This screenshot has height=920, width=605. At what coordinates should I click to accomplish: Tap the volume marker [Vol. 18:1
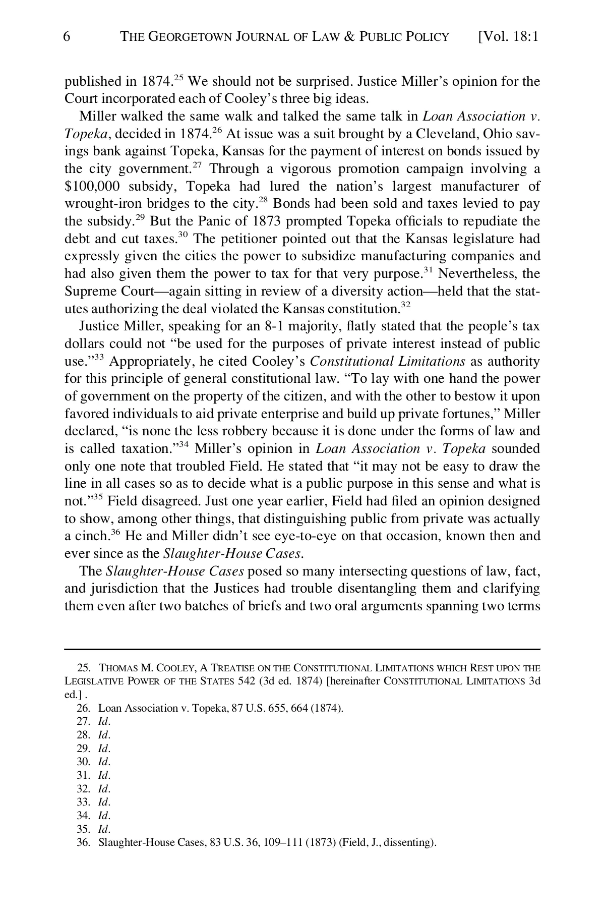click(x=508, y=37)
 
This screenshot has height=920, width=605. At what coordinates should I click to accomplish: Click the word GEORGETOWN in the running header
click(x=190, y=37)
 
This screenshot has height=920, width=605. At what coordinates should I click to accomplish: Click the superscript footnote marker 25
click(x=178, y=78)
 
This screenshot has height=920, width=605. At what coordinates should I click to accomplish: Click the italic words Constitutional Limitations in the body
click(x=387, y=362)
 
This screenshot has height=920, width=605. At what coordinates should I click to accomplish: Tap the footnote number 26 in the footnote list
click(x=83, y=708)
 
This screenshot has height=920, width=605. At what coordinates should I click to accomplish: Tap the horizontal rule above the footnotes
click(x=302, y=649)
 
